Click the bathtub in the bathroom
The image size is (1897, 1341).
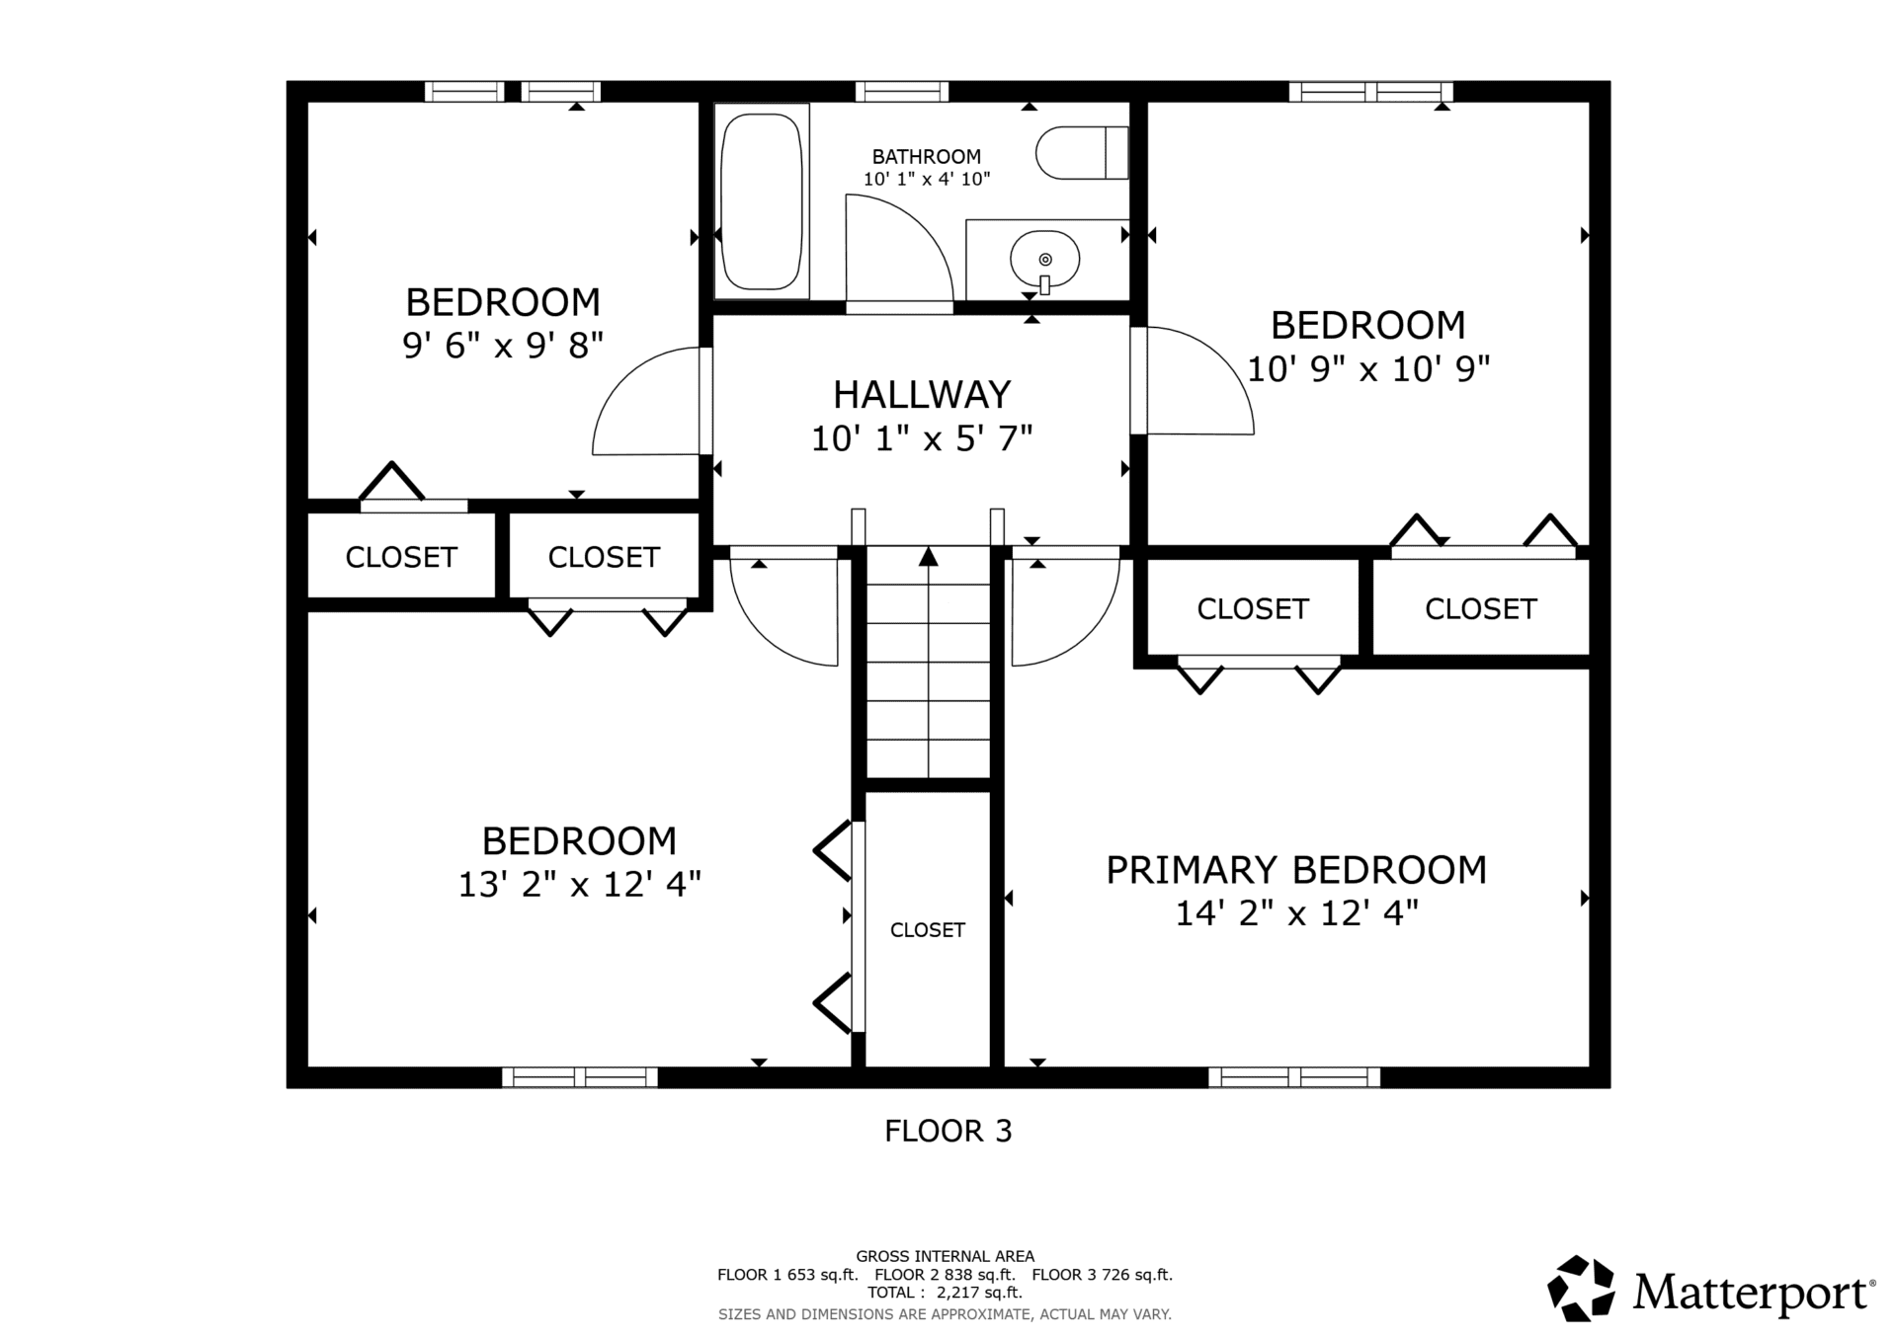[762, 200]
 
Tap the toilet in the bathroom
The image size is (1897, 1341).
[1082, 152]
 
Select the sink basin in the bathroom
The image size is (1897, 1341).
[1044, 259]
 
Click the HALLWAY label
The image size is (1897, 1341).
[922, 394]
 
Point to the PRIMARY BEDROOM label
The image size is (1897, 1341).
[1296, 870]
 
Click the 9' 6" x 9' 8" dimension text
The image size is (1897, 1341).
[503, 345]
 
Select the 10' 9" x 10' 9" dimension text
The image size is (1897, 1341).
[1368, 368]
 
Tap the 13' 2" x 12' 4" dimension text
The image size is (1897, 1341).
[580, 884]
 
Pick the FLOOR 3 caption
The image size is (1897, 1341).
[948, 1131]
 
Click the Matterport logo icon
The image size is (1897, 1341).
[1581, 1288]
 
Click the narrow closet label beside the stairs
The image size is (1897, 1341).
[928, 930]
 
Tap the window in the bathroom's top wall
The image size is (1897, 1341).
[902, 92]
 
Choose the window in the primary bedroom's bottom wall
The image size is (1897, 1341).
[1294, 1077]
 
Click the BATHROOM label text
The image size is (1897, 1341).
[927, 156]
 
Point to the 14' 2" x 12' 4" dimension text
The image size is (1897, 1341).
[1296, 913]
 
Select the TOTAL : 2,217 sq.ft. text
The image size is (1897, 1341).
[945, 1293]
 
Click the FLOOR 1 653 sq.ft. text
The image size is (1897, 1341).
[787, 1275]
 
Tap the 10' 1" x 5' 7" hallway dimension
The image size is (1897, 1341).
[922, 437]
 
